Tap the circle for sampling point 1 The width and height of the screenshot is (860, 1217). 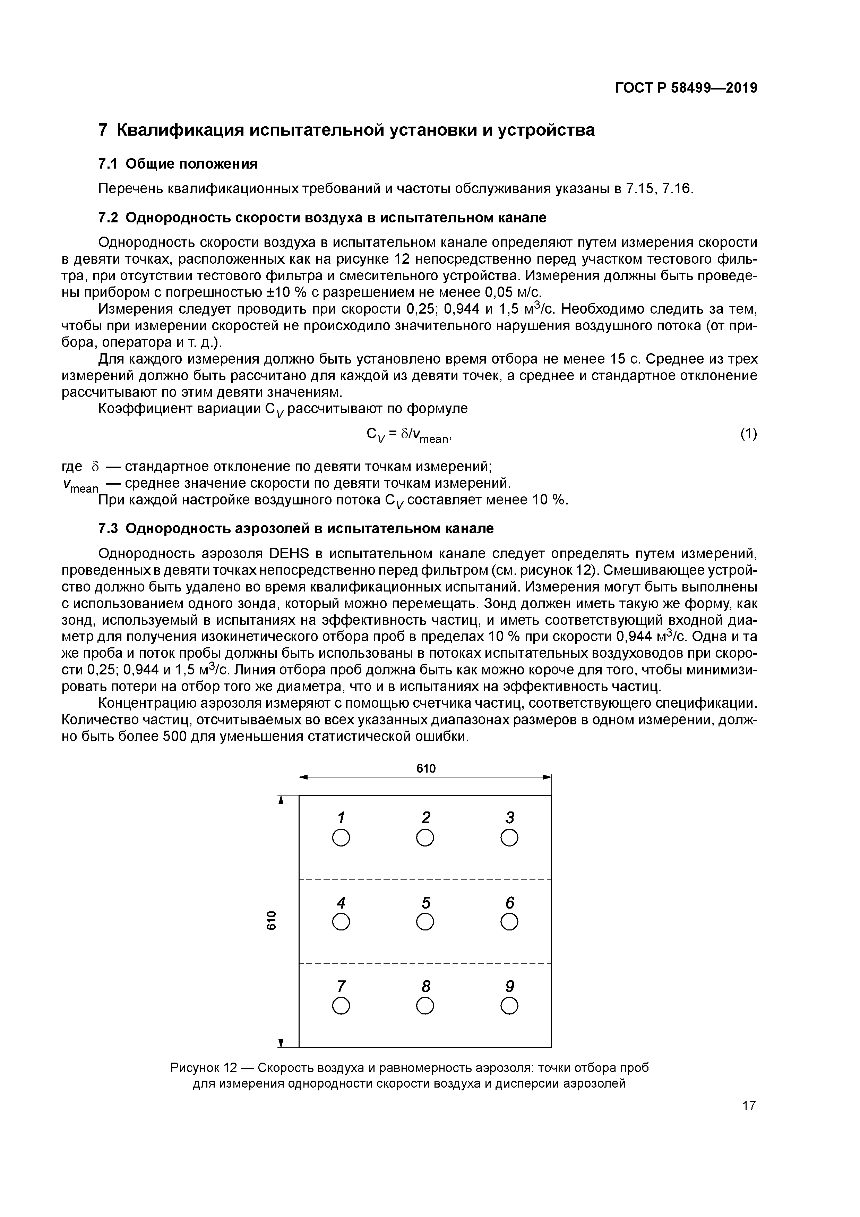click(x=341, y=838)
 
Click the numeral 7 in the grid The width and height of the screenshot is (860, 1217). click(x=341, y=986)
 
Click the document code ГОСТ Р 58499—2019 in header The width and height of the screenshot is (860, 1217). click(x=686, y=88)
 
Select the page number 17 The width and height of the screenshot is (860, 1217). click(x=748, y=1106)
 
